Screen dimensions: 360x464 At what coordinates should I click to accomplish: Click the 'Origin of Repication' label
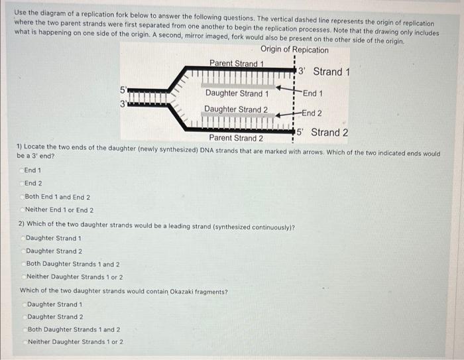(294, 50)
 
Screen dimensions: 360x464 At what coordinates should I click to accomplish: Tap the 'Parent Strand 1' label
(237, 64)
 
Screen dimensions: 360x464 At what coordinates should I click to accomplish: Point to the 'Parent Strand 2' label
(236, 138)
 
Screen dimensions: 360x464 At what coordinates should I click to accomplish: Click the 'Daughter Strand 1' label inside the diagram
(237, 93)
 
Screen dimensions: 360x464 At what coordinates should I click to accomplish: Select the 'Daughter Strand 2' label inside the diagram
(236, 109)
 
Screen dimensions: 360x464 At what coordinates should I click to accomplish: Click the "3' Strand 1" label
(323, 72)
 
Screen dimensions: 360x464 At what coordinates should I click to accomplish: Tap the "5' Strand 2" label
(321, 132)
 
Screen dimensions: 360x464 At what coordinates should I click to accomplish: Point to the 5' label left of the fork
(123, 90)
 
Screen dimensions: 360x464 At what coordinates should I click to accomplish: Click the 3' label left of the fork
(123, 103)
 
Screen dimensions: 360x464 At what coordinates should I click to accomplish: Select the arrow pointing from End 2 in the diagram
(286, 114)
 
